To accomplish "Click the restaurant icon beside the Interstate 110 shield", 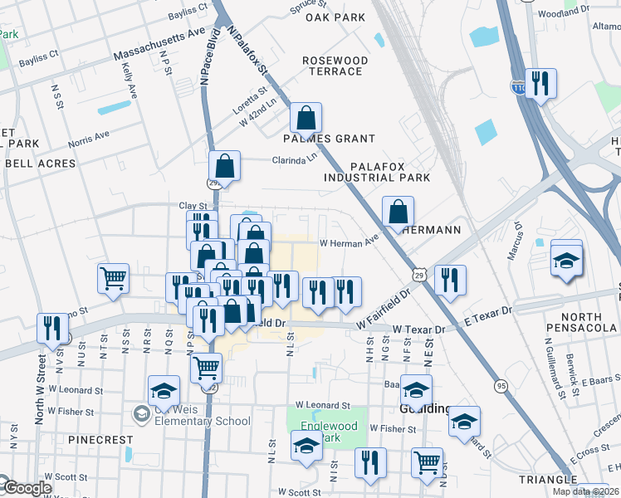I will (540, 84).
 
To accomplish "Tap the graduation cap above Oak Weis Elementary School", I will (164, 391).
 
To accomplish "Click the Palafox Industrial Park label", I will (377, 172).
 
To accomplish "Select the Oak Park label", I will (335, 17).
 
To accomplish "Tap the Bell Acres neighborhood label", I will (40, 164).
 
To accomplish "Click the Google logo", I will (27, 488).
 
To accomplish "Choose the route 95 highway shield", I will (500, 386).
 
